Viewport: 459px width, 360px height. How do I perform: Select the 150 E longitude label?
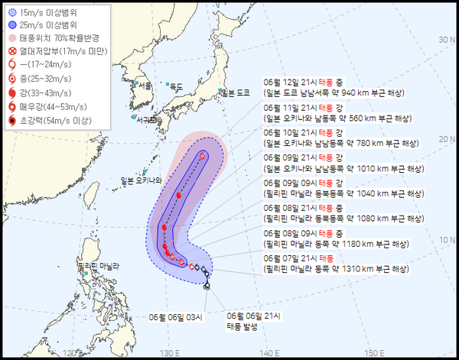coord(373,352)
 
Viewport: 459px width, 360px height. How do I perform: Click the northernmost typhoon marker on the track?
coord(203,155)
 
